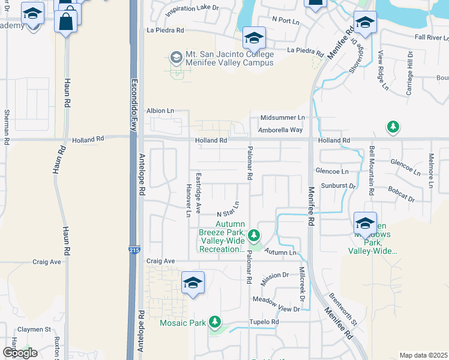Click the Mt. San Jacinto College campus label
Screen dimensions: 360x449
229,58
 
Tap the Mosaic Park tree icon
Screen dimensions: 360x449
215,323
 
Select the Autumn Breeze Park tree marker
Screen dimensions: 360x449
255,234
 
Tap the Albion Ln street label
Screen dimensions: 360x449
160,111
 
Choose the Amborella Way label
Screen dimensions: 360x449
280,130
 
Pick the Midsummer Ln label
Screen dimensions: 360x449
282,118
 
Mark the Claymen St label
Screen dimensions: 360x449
34,329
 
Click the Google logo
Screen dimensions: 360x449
19,352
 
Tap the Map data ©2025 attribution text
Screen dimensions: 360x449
423,355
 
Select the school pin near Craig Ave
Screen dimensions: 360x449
193,283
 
